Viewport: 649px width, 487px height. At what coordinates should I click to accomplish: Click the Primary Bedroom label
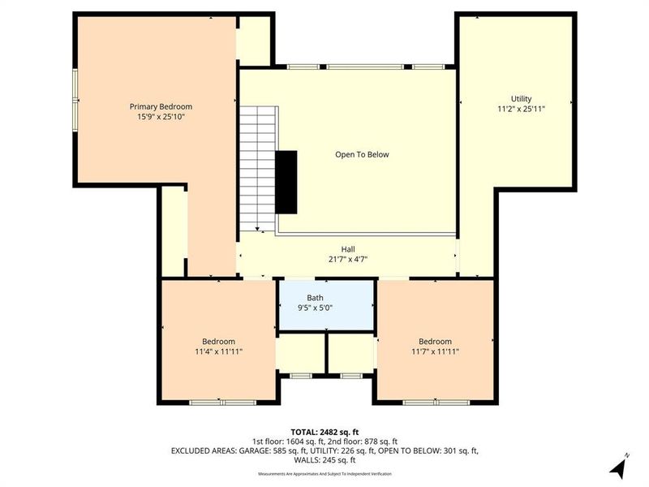tap(161, 106)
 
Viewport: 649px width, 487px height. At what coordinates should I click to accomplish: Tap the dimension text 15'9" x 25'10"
tap(161, 117)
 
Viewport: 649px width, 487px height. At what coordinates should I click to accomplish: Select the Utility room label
tap(521, 98)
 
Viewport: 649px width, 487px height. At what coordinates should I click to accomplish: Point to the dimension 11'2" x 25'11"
tap(521, 109)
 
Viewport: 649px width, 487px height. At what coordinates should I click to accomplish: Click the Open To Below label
tap(362, 154)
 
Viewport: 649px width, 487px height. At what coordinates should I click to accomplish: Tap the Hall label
tap(348, 249)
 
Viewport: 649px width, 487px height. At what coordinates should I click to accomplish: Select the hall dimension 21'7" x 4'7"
tap(348, 260)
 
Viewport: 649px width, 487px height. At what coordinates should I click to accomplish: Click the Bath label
tap(315, 298)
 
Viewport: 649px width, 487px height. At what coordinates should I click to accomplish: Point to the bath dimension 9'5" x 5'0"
tap(315, 308)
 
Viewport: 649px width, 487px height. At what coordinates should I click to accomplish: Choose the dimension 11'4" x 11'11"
tap(219, 351)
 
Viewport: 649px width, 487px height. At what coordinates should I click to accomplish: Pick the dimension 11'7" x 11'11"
tap(435, 351)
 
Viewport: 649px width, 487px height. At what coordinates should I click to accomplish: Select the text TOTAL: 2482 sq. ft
tap(324, 431)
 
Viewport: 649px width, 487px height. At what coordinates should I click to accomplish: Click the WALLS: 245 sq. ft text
tap(324, 459)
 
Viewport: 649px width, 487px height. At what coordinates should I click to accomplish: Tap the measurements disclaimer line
tap(324, 473)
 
